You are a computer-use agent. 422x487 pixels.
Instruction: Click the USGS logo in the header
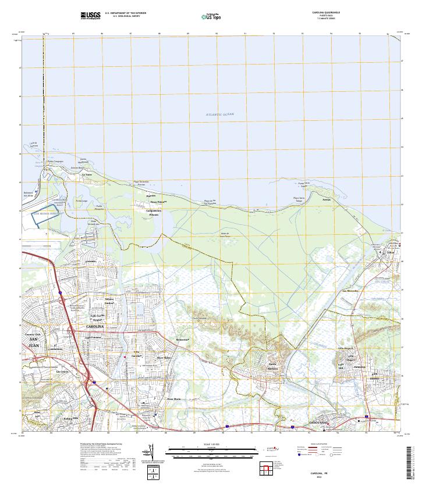click(91, 15)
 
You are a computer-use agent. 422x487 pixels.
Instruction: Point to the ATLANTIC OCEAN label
click(219, 114)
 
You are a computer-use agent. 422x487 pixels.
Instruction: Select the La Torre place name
click(87, 174)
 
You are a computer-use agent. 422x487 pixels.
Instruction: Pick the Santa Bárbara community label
click(273, 366)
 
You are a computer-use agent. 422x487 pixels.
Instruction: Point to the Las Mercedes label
click(350, 291)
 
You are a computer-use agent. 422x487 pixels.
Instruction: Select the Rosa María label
click(174, 399)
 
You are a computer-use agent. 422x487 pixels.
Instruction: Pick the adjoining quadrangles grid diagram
click(266, 468)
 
